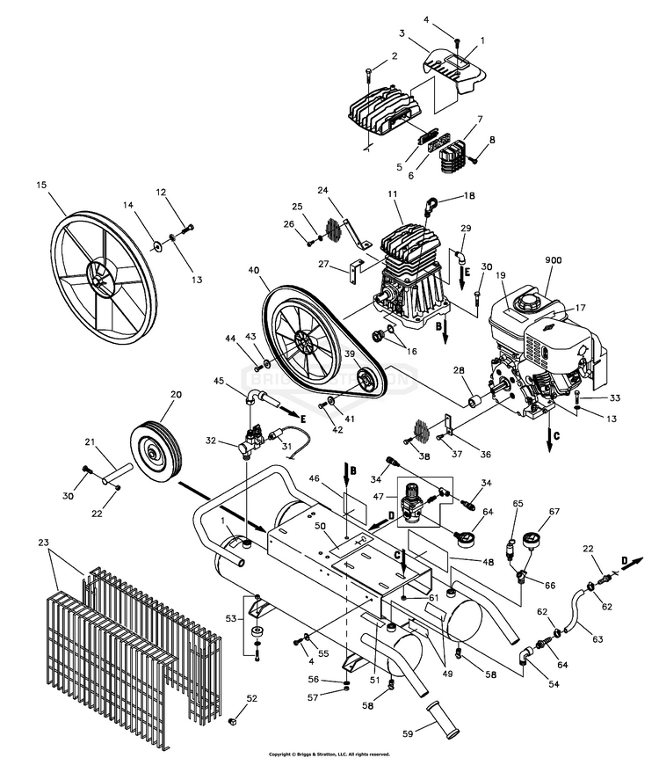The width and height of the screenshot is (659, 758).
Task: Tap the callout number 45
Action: click(220, 381)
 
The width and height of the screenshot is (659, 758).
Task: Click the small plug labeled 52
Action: click(234, 722)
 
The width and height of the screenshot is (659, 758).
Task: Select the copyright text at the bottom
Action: click(329, 754)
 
